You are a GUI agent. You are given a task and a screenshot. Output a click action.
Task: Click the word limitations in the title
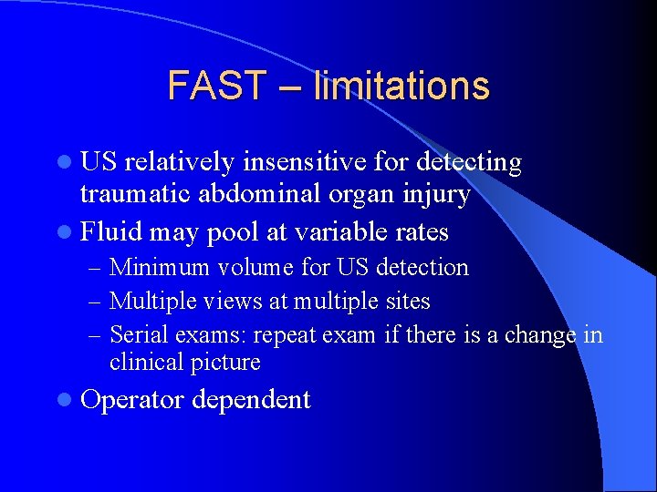[x=401, y=86]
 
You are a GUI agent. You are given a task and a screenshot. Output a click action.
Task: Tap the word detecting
[x=469, y=163]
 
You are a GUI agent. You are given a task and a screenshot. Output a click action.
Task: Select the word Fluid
[x=111, y=231]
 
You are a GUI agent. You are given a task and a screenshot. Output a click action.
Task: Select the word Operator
[x=133, y=400]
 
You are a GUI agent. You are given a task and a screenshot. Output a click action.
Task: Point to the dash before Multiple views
[x=96, y=302]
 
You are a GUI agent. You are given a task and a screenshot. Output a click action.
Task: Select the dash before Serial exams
[x=96, y=335]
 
